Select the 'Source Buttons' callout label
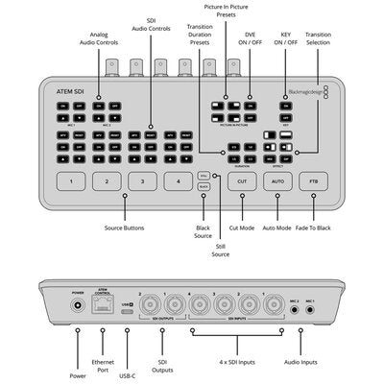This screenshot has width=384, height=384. (125, 228)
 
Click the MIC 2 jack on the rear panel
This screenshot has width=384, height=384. (296, 310)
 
